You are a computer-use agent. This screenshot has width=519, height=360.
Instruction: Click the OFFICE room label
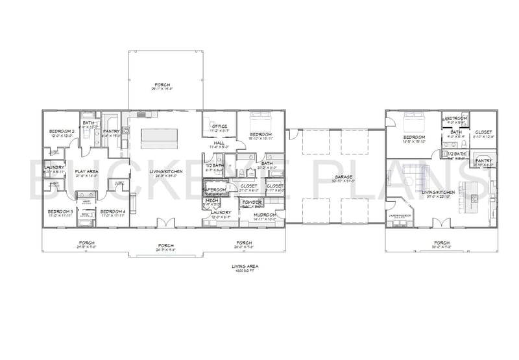click(219, 126)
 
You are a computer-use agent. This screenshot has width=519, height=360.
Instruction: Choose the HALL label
click(219, 142)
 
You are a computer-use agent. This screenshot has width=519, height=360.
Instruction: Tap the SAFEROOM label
click(215, 189)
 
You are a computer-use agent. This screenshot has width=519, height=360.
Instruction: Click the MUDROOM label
click(265, 214)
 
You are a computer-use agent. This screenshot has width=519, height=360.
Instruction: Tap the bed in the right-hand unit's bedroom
click(413, 122)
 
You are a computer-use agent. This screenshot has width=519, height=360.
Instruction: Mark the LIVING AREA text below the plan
click(246, 266)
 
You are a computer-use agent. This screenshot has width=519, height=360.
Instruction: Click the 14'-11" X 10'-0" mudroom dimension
click(265, 219)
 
